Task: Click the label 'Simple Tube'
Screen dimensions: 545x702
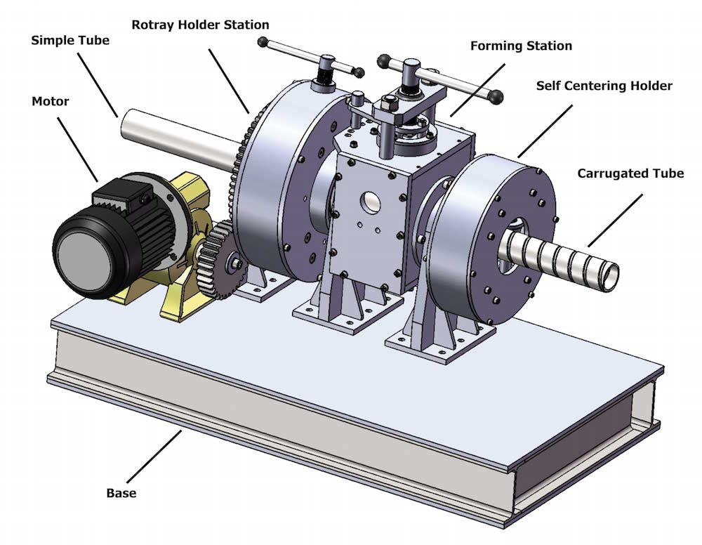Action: (70, 40)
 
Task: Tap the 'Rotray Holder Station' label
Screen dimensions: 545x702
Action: (200, 25)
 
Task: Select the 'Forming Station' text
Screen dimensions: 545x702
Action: (521, 46)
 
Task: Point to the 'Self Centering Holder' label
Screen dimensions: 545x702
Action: (604, 86)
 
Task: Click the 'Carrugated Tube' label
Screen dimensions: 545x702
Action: (630, 173)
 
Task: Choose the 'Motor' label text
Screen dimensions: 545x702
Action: (51, 102)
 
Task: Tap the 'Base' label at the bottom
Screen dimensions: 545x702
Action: (121, 493)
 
